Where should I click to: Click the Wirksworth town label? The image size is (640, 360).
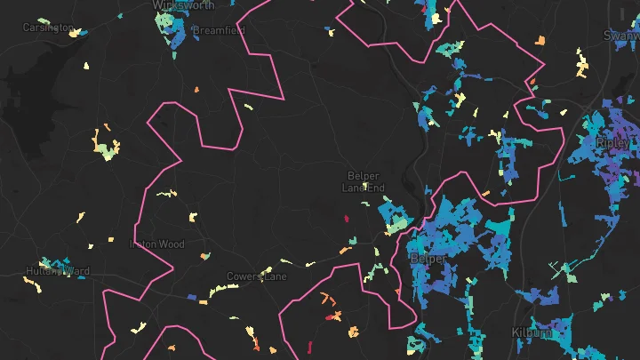(x=184, y=4)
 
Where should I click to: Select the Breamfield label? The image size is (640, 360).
(x=219, y=29)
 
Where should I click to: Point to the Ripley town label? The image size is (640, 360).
(x=612, y=142)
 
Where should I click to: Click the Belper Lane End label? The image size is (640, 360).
(x=364, y=181)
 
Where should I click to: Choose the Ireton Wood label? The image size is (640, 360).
(x=157, y=244)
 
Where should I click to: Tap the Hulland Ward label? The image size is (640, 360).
(x=58, y=271)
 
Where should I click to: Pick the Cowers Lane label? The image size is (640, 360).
(x=257, y=276)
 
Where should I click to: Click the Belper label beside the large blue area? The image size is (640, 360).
(x=428, y=259)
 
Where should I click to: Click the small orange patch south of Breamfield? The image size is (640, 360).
(x=196, y=90)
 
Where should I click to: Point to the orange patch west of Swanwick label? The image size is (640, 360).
(x=540, y=40)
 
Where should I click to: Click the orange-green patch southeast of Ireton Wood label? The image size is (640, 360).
(x=206, y=257)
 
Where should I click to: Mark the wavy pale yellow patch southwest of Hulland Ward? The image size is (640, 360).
(x=32, y=284)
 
